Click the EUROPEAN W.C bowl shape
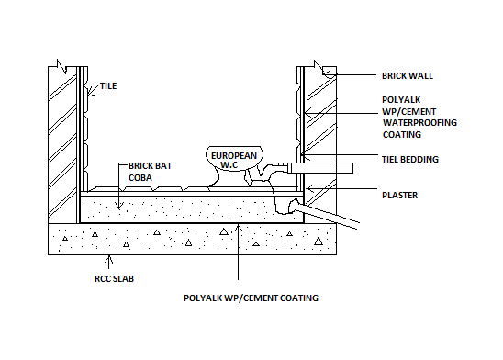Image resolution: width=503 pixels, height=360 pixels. pyautogui.click(x=233, y=163)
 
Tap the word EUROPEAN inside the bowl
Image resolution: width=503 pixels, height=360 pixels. pyautogui.click(x=234, y=156)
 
